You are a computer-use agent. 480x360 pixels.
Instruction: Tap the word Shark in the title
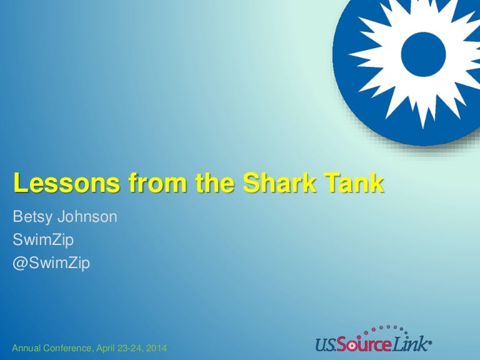pyautogui.click(x=279, y=184)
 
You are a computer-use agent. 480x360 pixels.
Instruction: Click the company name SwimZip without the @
pyautogui.click(x=41, y=240)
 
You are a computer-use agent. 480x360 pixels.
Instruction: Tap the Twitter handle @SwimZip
pyautogui.click(x=51, y=263)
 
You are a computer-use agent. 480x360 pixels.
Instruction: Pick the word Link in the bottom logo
pyautogui.click(x=413, y=342)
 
